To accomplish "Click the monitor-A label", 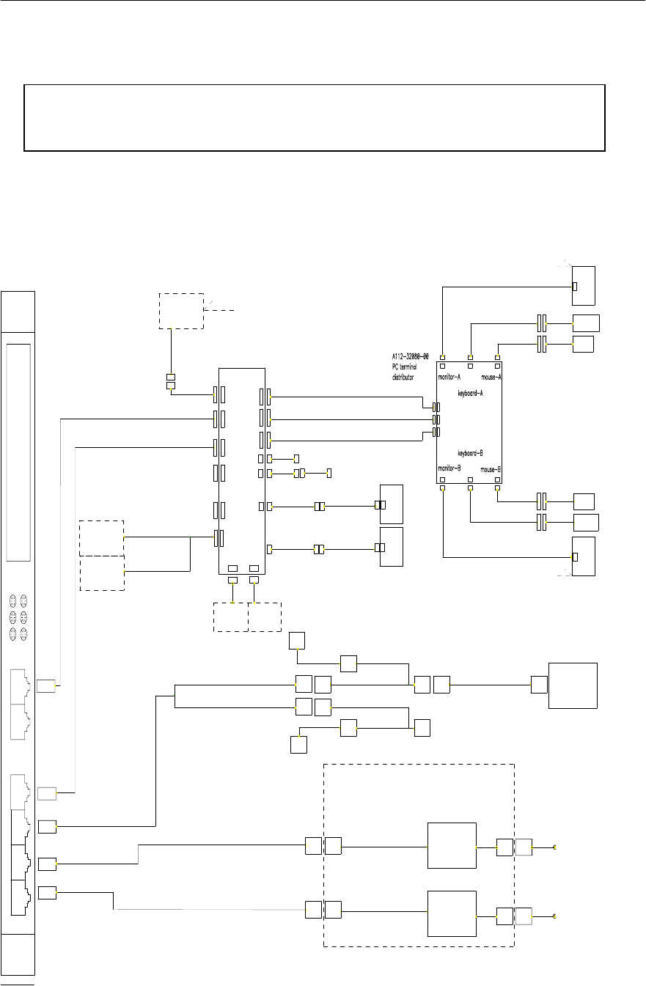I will (x=449, y=378).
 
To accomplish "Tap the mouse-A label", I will (x=491, y=378).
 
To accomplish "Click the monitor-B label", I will (x=449, y=468).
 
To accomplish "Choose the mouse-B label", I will (x=491, y=468).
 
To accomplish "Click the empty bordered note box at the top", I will (x=314, y=117).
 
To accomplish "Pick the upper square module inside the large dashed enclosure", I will (x=452, y=847).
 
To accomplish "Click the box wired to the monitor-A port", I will (x=584, y=285).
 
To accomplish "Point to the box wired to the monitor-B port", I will (x=584, y=556).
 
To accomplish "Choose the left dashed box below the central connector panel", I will (x=230, y=617).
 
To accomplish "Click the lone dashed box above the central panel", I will (x=182, y=311).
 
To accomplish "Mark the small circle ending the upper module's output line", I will (x=555, y=847).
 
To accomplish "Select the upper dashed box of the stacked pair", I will (x=102, y=537).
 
